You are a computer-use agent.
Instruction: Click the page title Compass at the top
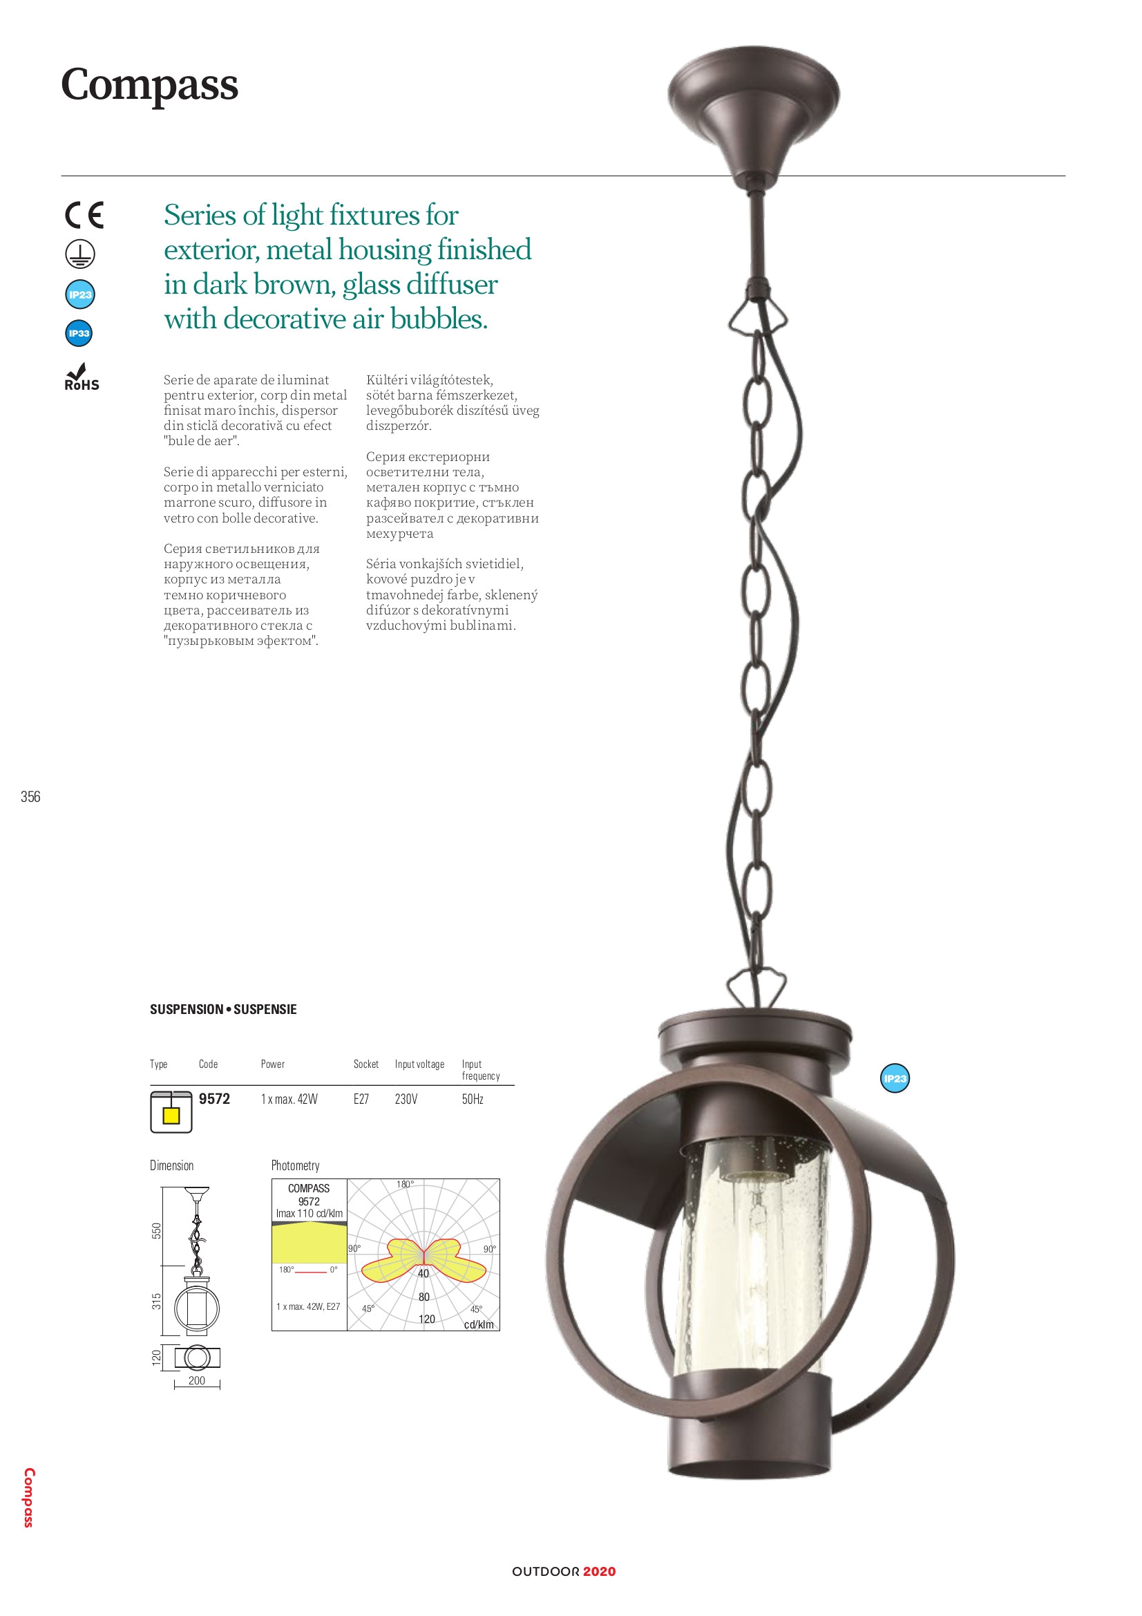coord(149,85)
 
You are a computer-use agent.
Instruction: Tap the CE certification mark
coord(84,215)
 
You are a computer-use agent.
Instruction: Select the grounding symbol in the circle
coord(80,254)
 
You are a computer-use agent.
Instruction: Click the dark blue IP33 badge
coord(79,333)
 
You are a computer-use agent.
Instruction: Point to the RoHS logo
coord(82,378)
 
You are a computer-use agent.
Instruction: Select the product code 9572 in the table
coord(214,1100)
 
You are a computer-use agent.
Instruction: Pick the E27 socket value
coord(361,1100)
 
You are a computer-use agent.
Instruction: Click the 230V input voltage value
coord(406,1100)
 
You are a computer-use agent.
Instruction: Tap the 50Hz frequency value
coord(472,1100)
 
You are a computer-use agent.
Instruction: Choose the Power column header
coord(272,1064)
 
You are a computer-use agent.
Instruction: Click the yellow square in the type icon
coord(171,1116)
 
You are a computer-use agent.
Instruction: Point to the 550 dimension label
coord(157,1230)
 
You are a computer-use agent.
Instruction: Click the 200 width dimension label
coord(197,1380)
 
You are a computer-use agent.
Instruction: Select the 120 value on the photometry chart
coord(427,1319)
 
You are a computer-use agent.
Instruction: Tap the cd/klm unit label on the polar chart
coord(479,1324)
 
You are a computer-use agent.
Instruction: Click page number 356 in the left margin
coord(30,797)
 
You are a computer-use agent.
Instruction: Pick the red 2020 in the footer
coord(599,1572)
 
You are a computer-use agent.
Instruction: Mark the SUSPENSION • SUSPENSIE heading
coord(223,1009)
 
